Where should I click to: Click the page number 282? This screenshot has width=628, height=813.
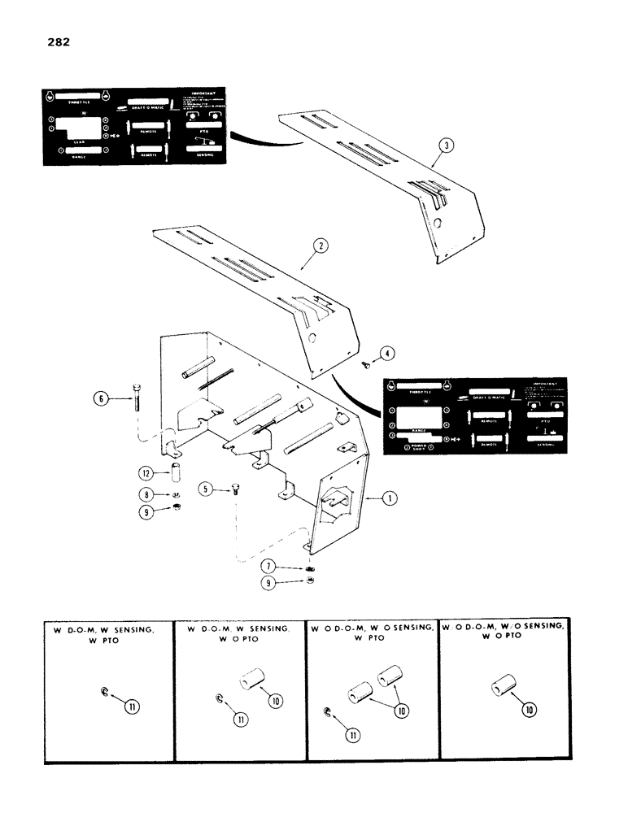coord(58,41)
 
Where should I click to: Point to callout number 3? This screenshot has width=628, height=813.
coord(444,147)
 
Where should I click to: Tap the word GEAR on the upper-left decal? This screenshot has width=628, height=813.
coord(77,139)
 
